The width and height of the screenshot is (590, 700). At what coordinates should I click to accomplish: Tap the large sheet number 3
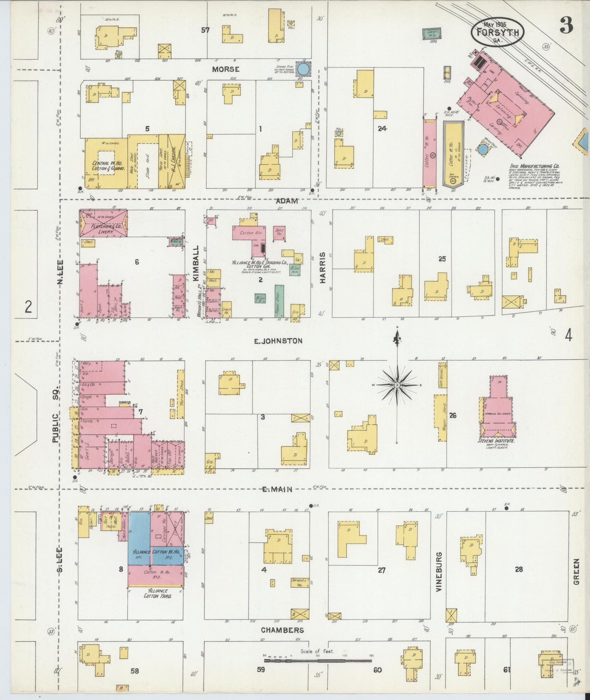click(x=566, y=26)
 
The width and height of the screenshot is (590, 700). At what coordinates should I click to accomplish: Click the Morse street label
click(x=225, y=69)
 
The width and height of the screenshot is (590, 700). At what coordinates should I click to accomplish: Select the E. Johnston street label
click(x=278, y=341)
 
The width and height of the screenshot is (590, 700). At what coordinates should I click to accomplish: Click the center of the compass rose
click(x=397, y=385)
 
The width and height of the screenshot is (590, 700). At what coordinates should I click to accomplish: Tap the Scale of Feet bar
click(x=318, y=660)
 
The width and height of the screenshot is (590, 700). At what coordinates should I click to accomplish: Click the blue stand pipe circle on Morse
click(x=303, y=69)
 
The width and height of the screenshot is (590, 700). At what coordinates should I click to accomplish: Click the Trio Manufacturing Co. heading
click(x=534, y=166)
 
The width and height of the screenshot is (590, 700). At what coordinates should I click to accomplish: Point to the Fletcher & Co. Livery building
click(x=103, y=223)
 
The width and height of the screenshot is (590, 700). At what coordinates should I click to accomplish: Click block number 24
click(x=382, y=129)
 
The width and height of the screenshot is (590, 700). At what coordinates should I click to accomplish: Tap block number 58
click(x=135, y=671)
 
